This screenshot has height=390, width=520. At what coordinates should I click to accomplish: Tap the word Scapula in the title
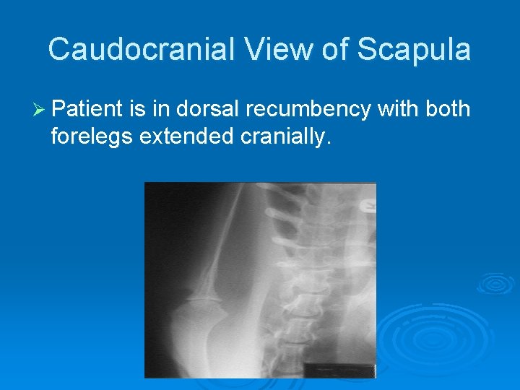pos(415,50)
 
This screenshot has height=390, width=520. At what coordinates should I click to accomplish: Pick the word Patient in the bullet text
pos(87,109)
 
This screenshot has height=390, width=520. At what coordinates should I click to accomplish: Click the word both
pos(446,109)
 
